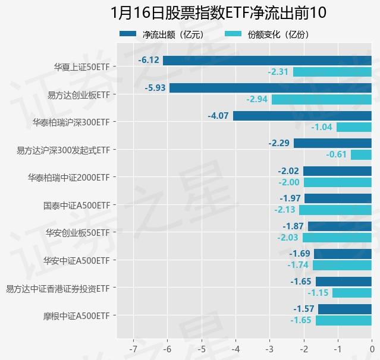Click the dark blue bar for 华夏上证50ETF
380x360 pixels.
267,61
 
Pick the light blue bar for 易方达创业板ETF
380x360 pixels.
322,99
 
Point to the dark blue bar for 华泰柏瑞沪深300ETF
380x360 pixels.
302,116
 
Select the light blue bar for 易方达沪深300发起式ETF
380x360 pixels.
361,154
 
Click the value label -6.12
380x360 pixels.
149,61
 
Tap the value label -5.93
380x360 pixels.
155,88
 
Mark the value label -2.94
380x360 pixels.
257,99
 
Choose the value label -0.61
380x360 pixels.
336,154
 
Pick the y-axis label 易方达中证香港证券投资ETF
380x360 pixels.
58,288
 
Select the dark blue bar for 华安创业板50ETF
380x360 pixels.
340,226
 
